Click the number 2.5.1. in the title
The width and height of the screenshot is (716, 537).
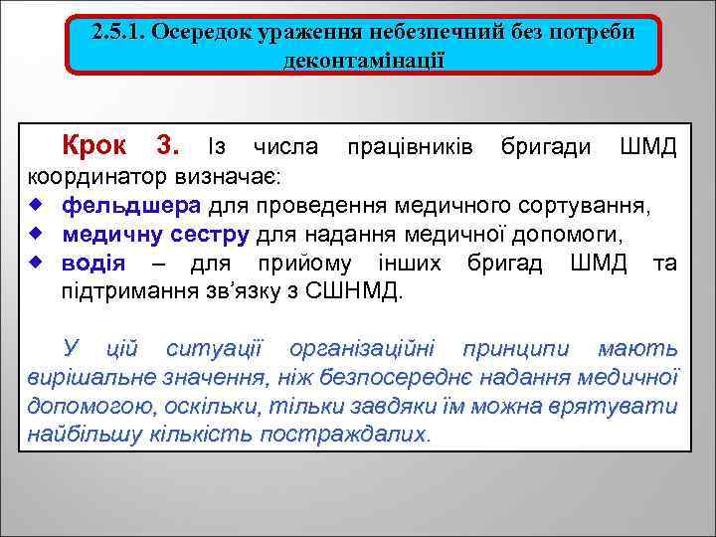coord(119,32)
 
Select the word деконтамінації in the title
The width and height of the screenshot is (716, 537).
coord(363,60)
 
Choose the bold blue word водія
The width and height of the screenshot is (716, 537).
coord(93,265)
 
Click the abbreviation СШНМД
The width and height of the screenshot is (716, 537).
coord(354,292)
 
